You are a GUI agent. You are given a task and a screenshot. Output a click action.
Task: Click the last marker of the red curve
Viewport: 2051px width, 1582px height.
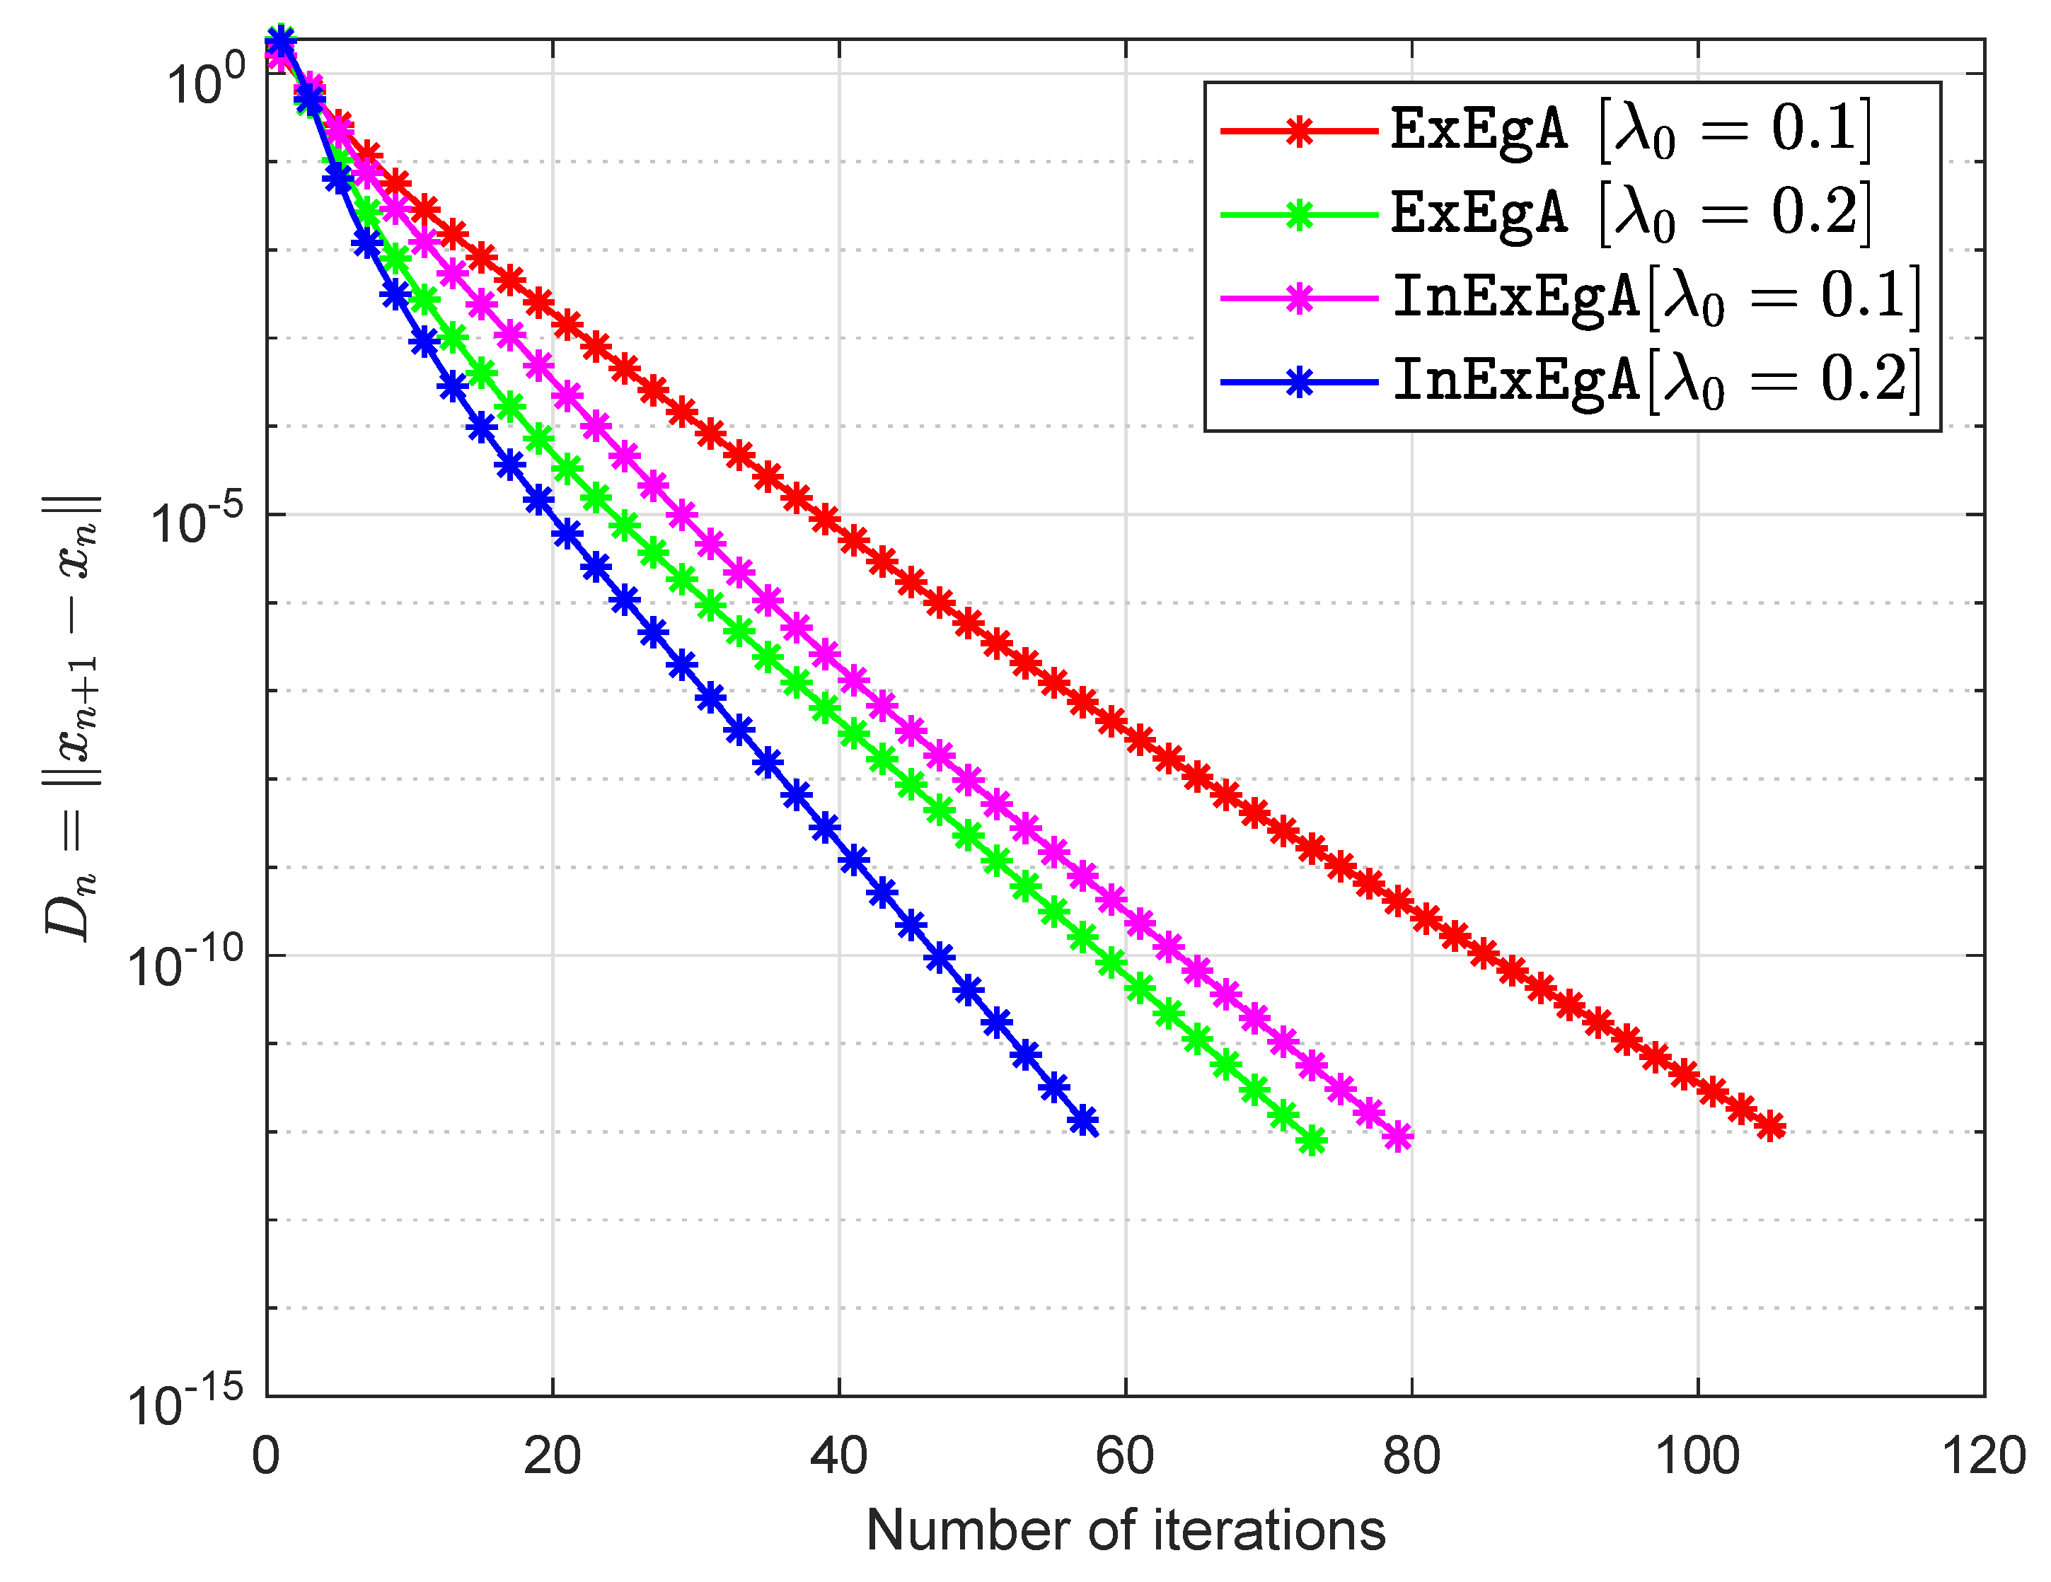(x=1770, y=1126)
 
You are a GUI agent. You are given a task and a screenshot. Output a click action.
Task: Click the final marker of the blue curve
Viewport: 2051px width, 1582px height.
(x=1084, y=1120)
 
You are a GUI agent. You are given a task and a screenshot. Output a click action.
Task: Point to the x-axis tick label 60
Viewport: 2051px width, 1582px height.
(x=1124, y=1456)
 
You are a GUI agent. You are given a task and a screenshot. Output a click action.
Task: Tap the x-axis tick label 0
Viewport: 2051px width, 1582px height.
(x=266, y=1456)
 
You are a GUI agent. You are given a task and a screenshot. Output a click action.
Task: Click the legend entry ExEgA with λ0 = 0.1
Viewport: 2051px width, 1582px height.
(x=1629, y=129)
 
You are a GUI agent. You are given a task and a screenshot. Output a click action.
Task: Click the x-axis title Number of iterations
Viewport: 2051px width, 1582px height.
(x=1125, y=1530)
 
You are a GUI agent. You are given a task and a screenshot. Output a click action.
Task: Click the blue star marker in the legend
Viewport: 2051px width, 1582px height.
(x=1299, y=382)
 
